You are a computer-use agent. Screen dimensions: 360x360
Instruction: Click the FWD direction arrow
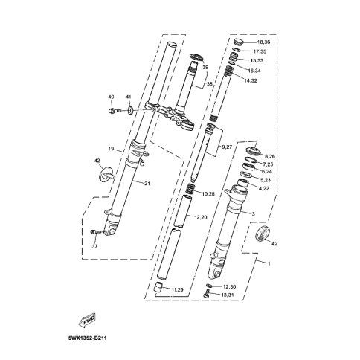[x=87, y=321]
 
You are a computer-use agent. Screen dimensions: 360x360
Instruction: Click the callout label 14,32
[x=250, y=80]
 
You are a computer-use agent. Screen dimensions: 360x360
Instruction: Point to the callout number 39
[x=205, y=67]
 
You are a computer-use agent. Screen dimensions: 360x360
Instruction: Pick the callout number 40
[x=111, y=97]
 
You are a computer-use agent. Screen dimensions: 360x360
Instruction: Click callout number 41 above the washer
[x=128, y=97]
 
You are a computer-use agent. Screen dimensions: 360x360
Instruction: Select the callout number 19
[x=111, y=149]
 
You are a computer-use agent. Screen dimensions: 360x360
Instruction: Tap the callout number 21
[x=147, y=184]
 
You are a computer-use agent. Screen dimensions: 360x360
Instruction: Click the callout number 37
[x=94, y=246]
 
